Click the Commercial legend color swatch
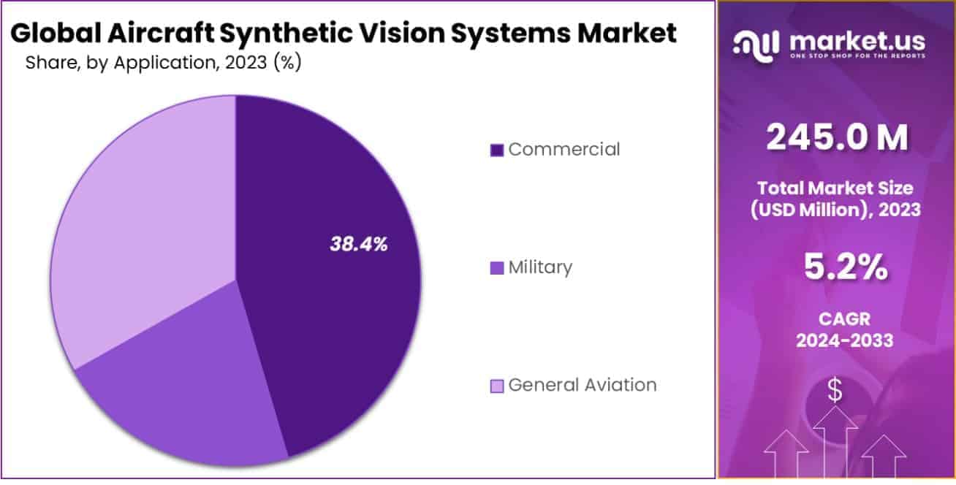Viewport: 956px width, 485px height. [497, 150]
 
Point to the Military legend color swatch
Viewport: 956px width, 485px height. [497, 269]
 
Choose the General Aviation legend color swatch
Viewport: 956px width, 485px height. [497, 386]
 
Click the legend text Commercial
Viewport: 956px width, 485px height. [564, 150]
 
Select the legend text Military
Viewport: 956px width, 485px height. [540, 268]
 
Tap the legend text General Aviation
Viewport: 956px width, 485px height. [582, 385]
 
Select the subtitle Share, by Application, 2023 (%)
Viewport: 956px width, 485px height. [164, 63]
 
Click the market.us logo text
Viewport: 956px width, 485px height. [857, 41]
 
